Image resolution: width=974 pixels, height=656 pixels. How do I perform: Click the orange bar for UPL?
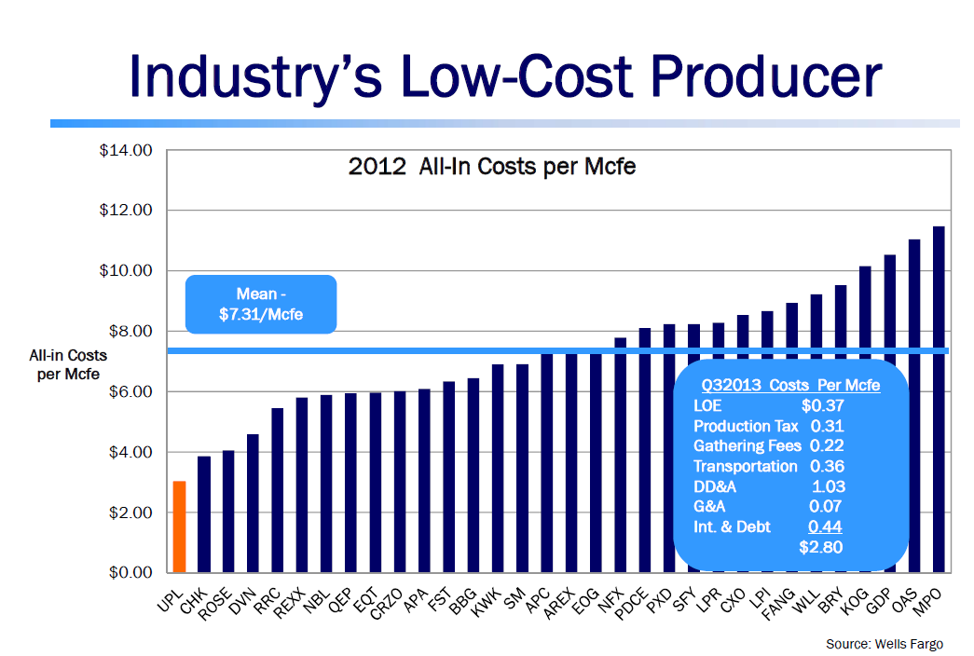tap(179, 526)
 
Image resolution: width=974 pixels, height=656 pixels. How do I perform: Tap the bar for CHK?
tap(203, 513)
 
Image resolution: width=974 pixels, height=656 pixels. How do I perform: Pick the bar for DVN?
tap(253, 502)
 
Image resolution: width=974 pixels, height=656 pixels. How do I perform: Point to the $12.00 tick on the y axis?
tap(126, 211)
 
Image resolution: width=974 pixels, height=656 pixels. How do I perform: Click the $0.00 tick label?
tap(130, 572)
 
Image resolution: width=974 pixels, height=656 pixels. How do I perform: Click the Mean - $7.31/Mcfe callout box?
tap(261, 304)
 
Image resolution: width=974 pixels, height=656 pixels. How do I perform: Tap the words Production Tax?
tap(746, 426)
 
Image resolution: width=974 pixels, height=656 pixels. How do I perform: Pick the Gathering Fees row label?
tap(747, 446)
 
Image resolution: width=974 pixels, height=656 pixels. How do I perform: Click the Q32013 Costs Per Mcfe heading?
tap(790, 385)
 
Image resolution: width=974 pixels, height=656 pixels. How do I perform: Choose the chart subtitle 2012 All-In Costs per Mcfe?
tap(491, 168)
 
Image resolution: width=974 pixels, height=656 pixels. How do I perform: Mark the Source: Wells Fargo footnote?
tap(884, 644)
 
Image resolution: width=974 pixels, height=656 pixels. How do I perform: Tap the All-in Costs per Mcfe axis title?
tap(68, 364)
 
